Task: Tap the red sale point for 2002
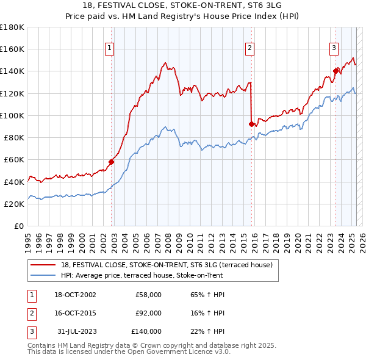pyautogui.click(x=112, y=162)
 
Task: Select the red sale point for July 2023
pyautogui.click(x=335, y=71)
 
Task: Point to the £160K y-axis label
pyautogui.click(x=12, y=49)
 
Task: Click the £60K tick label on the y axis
pyautogui.click(x=14, y=159)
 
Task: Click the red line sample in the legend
pyautogui.click(x=43, y=265)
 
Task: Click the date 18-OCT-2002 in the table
pyautogui.click(x=74, y=295)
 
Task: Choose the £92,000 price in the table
pyautogui.click(x=148, y=313)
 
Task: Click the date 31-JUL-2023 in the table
pyautogui.click(x=74, y=331)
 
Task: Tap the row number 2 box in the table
pyautogui.click(x=29, y=313)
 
